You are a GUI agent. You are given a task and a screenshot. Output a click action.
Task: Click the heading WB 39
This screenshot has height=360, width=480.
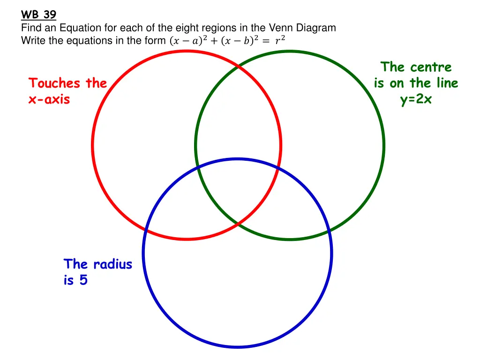tap(38, 15)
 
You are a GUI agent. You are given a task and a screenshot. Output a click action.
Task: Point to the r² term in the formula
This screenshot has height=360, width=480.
tap(280, 41)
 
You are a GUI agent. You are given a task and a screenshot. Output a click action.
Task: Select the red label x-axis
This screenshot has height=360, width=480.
tap(49, 99)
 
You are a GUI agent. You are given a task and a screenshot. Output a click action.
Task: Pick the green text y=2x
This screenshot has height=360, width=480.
tap(416, 99)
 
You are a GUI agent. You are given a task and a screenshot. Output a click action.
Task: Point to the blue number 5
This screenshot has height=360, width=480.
tap(82, 280)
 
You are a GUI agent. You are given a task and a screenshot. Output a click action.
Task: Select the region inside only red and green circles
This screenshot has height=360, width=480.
tap(238, 117)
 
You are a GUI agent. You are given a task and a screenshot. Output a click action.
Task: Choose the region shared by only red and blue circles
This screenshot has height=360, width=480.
tap(183, 206)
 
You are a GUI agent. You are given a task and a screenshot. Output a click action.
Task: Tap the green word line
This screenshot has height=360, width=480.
tap(445, 83)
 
